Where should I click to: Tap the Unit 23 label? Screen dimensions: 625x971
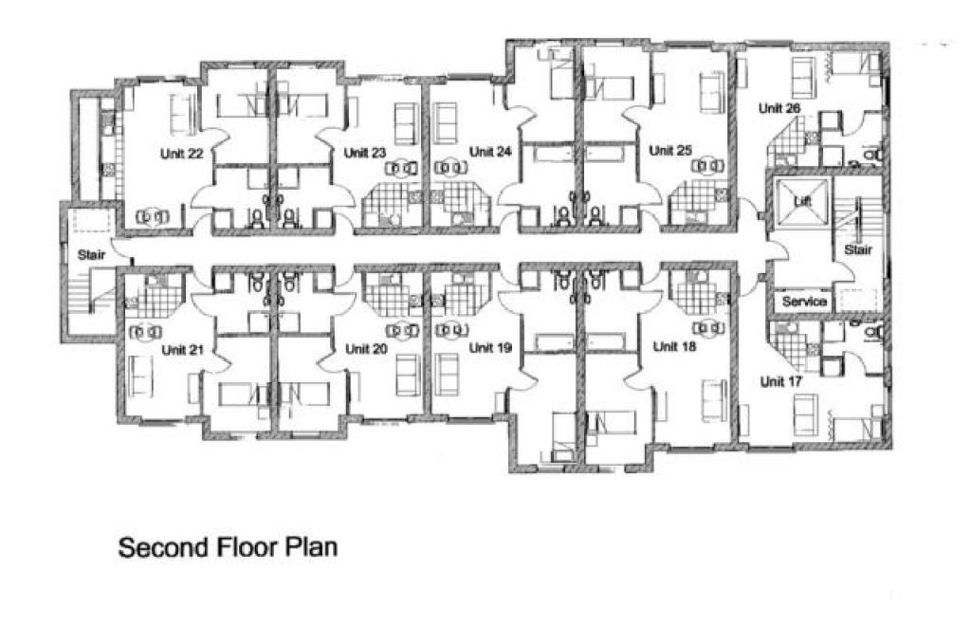365,152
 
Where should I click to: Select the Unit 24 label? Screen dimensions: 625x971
490,152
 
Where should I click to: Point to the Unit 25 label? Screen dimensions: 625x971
669,150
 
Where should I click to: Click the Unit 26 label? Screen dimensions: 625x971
779,108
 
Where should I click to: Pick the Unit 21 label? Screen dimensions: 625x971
182,349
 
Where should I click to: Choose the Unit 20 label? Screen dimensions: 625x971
366,349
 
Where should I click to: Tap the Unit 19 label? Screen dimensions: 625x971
490,348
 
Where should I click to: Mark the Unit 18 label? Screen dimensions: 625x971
674,346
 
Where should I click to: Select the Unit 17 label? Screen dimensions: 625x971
781,382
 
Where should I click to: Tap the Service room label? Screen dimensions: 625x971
804,302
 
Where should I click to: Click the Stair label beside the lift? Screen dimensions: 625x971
857,250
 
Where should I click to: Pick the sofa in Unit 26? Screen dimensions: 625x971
803,72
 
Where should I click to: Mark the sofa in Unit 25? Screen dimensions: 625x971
707,89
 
